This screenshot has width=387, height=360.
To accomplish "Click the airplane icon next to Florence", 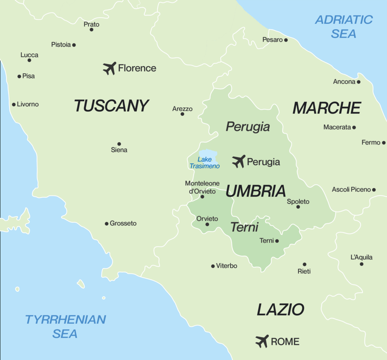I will click(110, 68).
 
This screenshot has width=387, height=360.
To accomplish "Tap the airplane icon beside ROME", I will click(262, 341).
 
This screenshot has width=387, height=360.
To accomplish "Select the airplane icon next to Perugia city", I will click(238, 161).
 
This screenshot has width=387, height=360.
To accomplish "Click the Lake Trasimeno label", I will click(204, 163).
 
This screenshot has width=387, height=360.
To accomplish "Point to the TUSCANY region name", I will click(111, 106).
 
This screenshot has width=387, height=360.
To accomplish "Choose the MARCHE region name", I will click(327, 108).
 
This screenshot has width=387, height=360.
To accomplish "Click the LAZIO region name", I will click(280, 310).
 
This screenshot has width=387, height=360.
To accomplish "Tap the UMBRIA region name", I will click(255, 191).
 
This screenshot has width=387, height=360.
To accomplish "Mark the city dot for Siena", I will click(119, 144).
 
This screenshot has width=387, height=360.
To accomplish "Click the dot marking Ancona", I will click(359, 82).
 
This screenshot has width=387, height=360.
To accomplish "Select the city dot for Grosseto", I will click(107, 223).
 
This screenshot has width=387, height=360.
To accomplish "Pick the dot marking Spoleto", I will click(298, 207).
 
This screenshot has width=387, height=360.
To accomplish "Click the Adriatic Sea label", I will click(344, 26).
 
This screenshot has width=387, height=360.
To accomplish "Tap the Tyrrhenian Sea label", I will click(65, 326).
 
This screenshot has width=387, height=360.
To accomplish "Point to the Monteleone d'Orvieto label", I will click(202, 187).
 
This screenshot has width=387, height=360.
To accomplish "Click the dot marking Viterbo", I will click(213, 266).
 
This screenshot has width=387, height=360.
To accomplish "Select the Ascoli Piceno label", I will click(351, 189).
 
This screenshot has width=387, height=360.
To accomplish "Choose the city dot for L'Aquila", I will click(361, 264).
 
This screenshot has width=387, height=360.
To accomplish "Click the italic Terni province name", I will click(245, 227).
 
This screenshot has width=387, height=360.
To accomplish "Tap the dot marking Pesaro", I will click(286, 40).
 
